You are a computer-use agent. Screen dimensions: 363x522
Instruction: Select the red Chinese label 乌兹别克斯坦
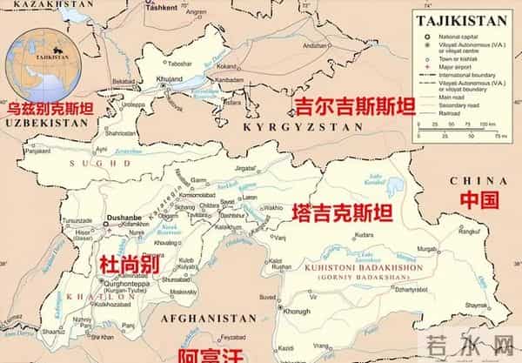[49, 109]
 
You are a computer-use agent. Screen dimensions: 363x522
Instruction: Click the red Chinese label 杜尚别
[126, 265]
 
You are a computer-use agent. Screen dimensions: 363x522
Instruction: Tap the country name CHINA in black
[467, 179]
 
